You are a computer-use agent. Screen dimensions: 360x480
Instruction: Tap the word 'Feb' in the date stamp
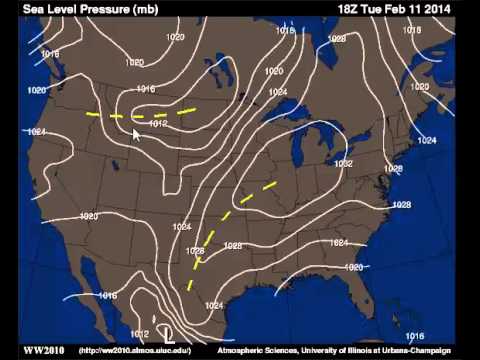point(400,10)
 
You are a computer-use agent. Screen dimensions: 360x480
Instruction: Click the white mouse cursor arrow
point(138,134)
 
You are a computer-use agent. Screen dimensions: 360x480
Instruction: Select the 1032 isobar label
point(343,163)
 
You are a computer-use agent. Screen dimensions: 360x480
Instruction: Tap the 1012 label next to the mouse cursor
point(157,124)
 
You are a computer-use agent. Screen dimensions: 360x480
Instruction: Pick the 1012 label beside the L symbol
point(140,334)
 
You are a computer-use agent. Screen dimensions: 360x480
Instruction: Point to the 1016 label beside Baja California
point(108,296)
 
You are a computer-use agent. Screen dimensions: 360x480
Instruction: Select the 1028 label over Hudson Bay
point(337,38)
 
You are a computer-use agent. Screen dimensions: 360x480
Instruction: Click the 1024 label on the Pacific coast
point(37,132)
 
